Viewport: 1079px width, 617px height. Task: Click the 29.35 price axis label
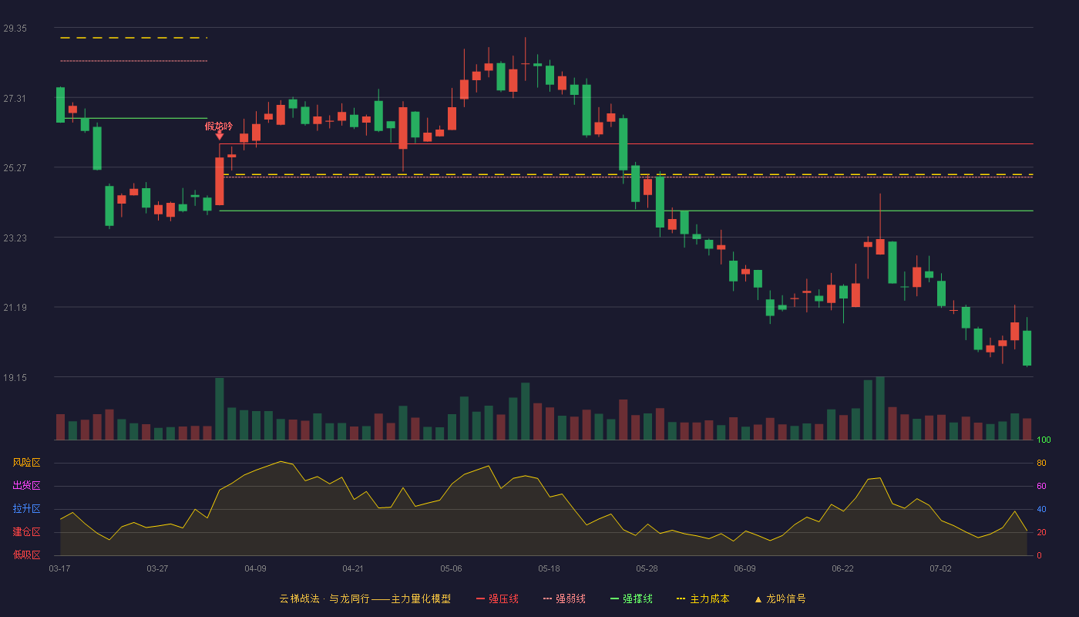coord(15,29)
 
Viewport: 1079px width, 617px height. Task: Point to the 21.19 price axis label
coord(15,308)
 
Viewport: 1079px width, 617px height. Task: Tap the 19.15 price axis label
coord(15,377)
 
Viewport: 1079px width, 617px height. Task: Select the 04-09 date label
coord(255,569)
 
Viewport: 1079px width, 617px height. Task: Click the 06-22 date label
coord(842,569)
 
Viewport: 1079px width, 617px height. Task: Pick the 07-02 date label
coord(940,569)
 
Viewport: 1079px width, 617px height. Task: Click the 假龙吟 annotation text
coord(219,126)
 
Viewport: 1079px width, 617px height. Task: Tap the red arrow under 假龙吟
coord(219,136)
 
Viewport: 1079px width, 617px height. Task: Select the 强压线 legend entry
coord(497,598)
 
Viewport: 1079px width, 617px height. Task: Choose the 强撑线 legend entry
coord(631,598)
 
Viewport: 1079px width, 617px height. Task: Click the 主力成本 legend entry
coord(703,598)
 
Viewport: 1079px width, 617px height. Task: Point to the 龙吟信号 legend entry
coord(780,598)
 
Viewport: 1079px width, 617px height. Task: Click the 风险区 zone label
coord(26,463)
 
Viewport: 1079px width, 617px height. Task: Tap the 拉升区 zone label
coord(26,508)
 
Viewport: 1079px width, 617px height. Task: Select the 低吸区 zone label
coord(26,555)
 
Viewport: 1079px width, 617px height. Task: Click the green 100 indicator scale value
coord(1044,440)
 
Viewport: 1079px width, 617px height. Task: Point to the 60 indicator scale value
coord(1041,486)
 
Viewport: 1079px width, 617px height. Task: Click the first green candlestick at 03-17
coord(60,105)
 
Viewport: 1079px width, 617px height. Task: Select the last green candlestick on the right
coord(1027,348)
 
